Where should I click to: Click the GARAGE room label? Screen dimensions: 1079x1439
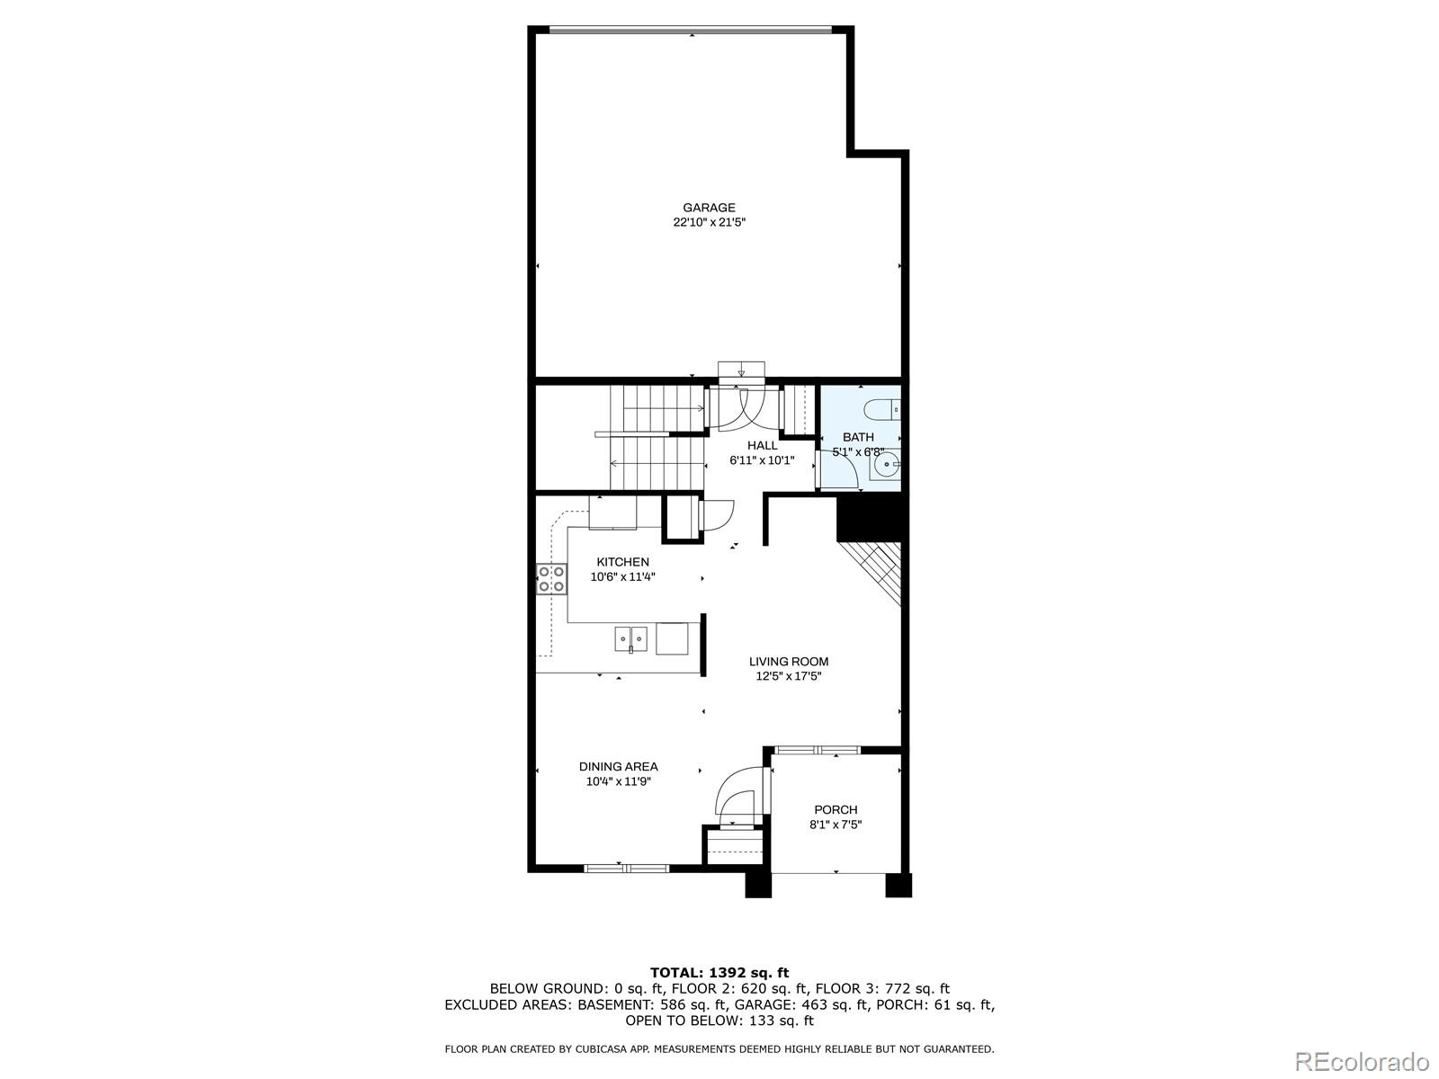point(709,208)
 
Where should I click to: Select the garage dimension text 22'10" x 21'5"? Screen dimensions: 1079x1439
point(709,222)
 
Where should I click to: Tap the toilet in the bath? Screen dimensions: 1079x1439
point(880,410)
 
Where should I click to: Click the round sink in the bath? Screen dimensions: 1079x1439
point(887,466)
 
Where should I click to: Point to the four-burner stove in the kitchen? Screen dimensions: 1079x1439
point(551,579)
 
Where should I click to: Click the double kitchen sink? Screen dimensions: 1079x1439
point(631,638)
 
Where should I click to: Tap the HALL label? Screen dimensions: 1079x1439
point(762,445)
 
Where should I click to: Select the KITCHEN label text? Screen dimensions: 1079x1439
point(622,562)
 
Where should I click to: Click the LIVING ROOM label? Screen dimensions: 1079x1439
point(789,661)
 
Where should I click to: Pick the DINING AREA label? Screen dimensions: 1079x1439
point(618,766)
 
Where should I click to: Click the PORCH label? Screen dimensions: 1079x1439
point(836,809)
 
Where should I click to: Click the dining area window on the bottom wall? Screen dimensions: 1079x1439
point(626,868)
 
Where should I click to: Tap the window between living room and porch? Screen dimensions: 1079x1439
point(817,749)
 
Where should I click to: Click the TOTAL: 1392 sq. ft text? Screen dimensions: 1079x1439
point(719,972)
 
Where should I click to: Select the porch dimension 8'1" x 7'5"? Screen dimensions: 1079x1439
point(836,824)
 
